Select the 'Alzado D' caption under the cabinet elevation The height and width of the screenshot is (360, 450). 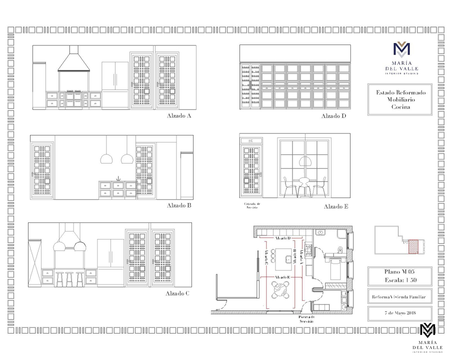point(333,116)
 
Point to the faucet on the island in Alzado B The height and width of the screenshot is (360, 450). point(118,178)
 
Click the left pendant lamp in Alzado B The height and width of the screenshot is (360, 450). point(106,158)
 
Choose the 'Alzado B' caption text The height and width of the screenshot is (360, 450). point(179,205)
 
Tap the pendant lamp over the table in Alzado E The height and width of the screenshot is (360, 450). point(304,161)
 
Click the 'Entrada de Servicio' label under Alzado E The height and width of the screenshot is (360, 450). point(252,205)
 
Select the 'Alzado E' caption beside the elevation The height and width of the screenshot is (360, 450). point(336,206)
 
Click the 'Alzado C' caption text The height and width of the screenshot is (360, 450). point(177,293)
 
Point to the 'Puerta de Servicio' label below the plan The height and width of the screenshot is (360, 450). point(307,319)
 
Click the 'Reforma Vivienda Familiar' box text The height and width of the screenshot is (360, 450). point(398,297)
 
